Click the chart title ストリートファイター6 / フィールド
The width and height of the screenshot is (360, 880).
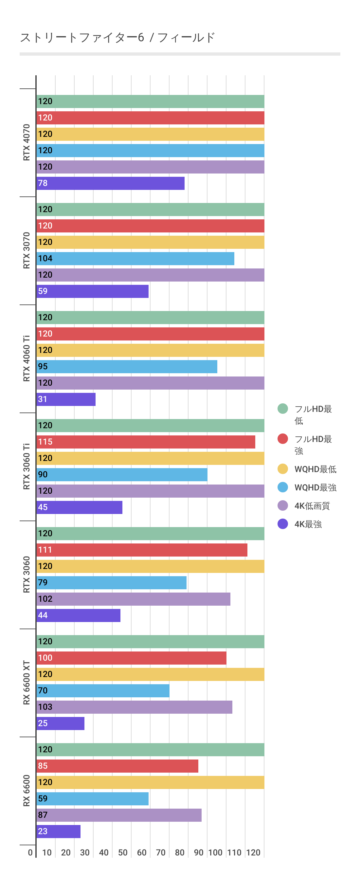(x=117, y=37)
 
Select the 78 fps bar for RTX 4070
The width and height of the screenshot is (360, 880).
(x=110, y=183)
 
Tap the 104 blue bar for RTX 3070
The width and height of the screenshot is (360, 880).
(x=135, y=259)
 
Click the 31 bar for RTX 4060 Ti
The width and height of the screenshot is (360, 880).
(x=66, y=399)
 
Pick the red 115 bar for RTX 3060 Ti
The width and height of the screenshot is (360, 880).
(x=146, y=442)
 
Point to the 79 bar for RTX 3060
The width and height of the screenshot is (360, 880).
(x=111, y=583)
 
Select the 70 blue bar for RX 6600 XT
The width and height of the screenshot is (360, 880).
(x=103, y=691)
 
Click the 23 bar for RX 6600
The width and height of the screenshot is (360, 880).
(x=58, y=832)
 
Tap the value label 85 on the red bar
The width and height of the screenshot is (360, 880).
(x=43, y=766)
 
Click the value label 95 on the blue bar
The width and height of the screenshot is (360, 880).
(x=43, y=367)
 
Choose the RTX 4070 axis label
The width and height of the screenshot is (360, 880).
(x=27, y=142)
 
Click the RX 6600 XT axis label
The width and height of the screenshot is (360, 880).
(x=27, y=683)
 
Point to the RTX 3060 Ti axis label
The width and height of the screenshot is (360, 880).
(x=27, y=467)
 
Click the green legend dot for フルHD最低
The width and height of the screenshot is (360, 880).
(x=282, y=409)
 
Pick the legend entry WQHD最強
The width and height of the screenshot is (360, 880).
(x=315, y=487)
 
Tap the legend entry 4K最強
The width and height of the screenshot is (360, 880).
(x=308, y=524)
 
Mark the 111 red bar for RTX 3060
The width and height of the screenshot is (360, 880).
(x=142, y=550)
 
